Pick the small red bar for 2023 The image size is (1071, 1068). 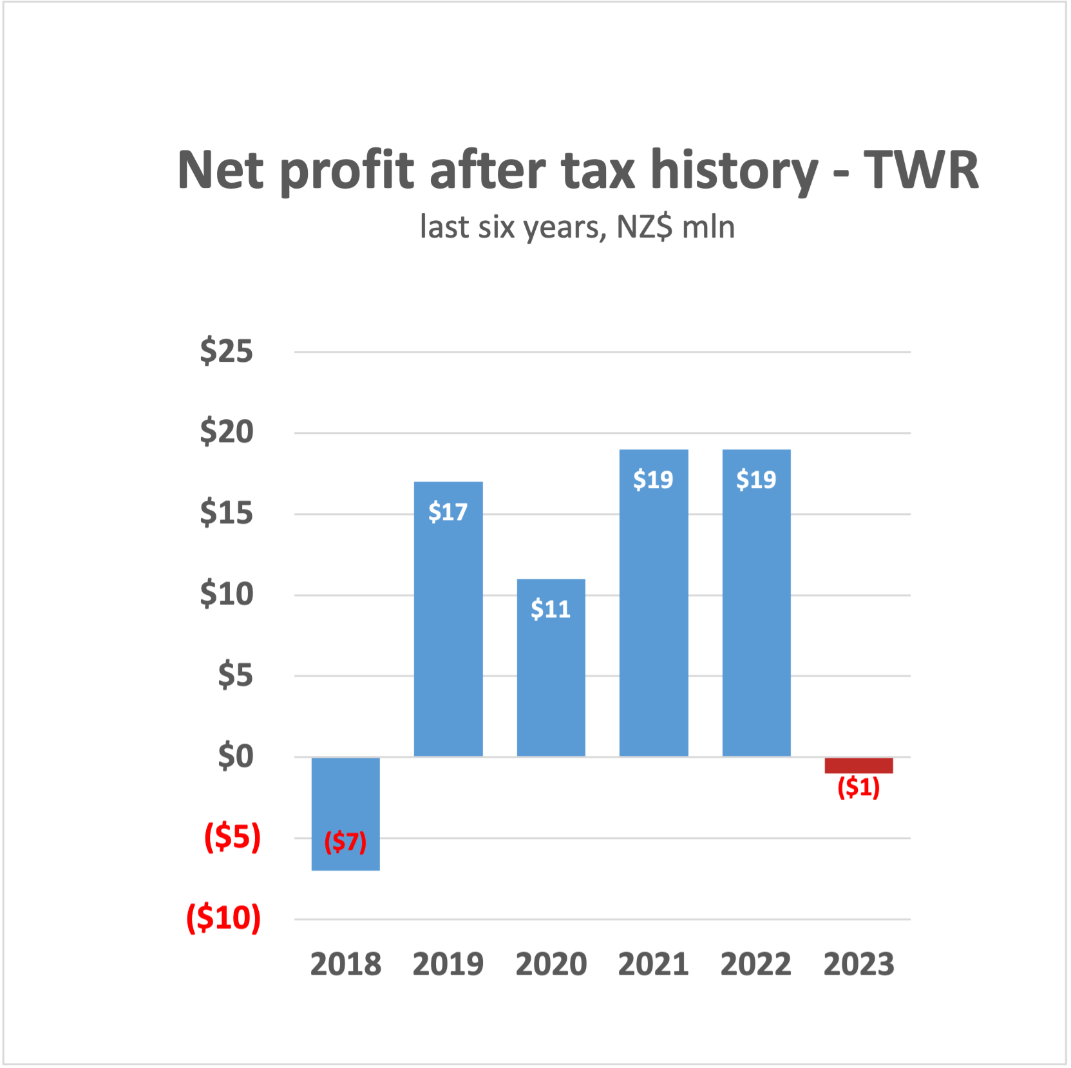click(x=858, y=765)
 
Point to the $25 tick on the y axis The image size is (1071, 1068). click(x=226, y=351)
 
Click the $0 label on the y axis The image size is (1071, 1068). click(x=235, y=756)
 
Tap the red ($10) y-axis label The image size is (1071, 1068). click(x=223, y=918)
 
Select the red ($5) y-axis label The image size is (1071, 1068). click(x=232, y=838)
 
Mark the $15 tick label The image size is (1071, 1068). click(x=226, y=513)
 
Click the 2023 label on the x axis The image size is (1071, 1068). click(x=858, y=964)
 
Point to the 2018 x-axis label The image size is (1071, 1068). click(x=345, y=964)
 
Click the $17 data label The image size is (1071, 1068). click(x=448, y=512)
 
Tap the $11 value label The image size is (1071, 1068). click(x=551, y=609)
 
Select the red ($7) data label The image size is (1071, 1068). click(x=345, y=841)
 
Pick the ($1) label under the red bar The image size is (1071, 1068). click(x=858, y=787)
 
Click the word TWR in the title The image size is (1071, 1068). click(x=921, y=170)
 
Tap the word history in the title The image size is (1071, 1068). click(x=734, y=171)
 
